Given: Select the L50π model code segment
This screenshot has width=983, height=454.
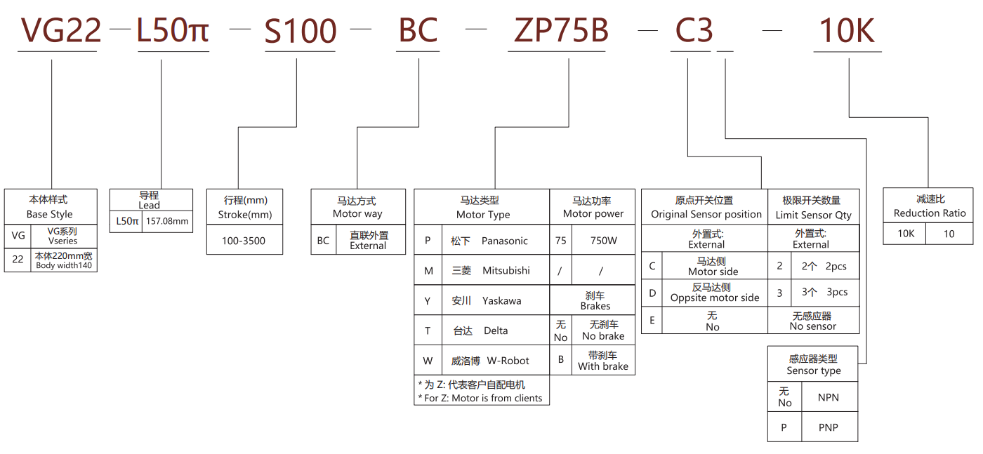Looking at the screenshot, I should [x=173, y=31].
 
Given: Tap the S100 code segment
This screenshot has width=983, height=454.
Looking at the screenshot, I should [x=301, y=31].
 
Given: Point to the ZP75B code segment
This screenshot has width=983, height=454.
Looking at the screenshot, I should [x=561, y=31].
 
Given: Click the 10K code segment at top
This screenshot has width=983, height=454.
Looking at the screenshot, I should [x=847, y=31].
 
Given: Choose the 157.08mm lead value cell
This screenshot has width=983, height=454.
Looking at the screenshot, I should [x=167, y=221].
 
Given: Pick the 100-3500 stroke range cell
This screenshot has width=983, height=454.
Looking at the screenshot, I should [x=244, y=241].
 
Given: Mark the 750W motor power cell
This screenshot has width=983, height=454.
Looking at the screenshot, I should [x=603, y=241].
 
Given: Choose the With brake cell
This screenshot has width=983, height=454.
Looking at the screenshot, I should [x=603, y=361].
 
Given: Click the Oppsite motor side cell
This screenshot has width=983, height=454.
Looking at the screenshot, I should [x=714, y=293].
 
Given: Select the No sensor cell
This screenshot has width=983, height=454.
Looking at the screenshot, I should [x=812, y=321].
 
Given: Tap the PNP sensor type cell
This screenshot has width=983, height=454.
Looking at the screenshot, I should [x=829, y=427].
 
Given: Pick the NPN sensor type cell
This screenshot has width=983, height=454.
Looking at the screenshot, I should [x=829, y=397].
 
